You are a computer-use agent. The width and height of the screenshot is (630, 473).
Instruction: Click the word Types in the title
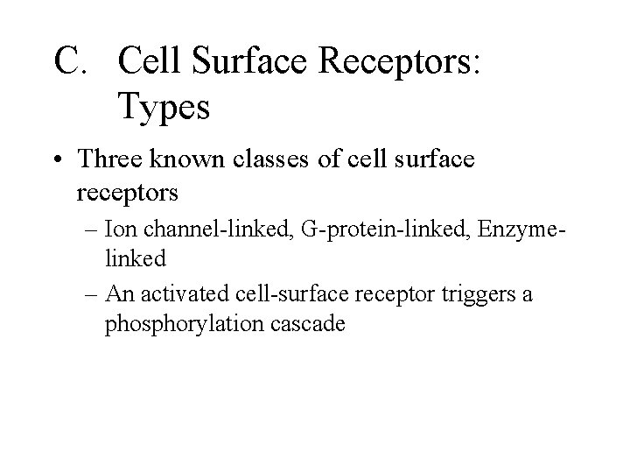pos(163,108)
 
